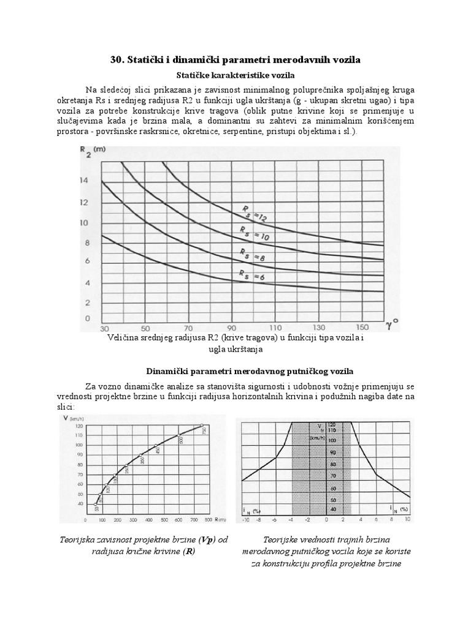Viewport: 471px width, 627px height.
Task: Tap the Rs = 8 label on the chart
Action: click(x=253, y=256)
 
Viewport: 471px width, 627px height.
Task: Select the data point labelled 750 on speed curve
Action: click(x=203, y=425)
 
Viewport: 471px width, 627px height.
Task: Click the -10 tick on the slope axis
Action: click(x=245, y=519)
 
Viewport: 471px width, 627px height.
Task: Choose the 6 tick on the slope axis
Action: click(x=376, y=519)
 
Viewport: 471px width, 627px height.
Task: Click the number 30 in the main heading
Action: click(x=117, y=59)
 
